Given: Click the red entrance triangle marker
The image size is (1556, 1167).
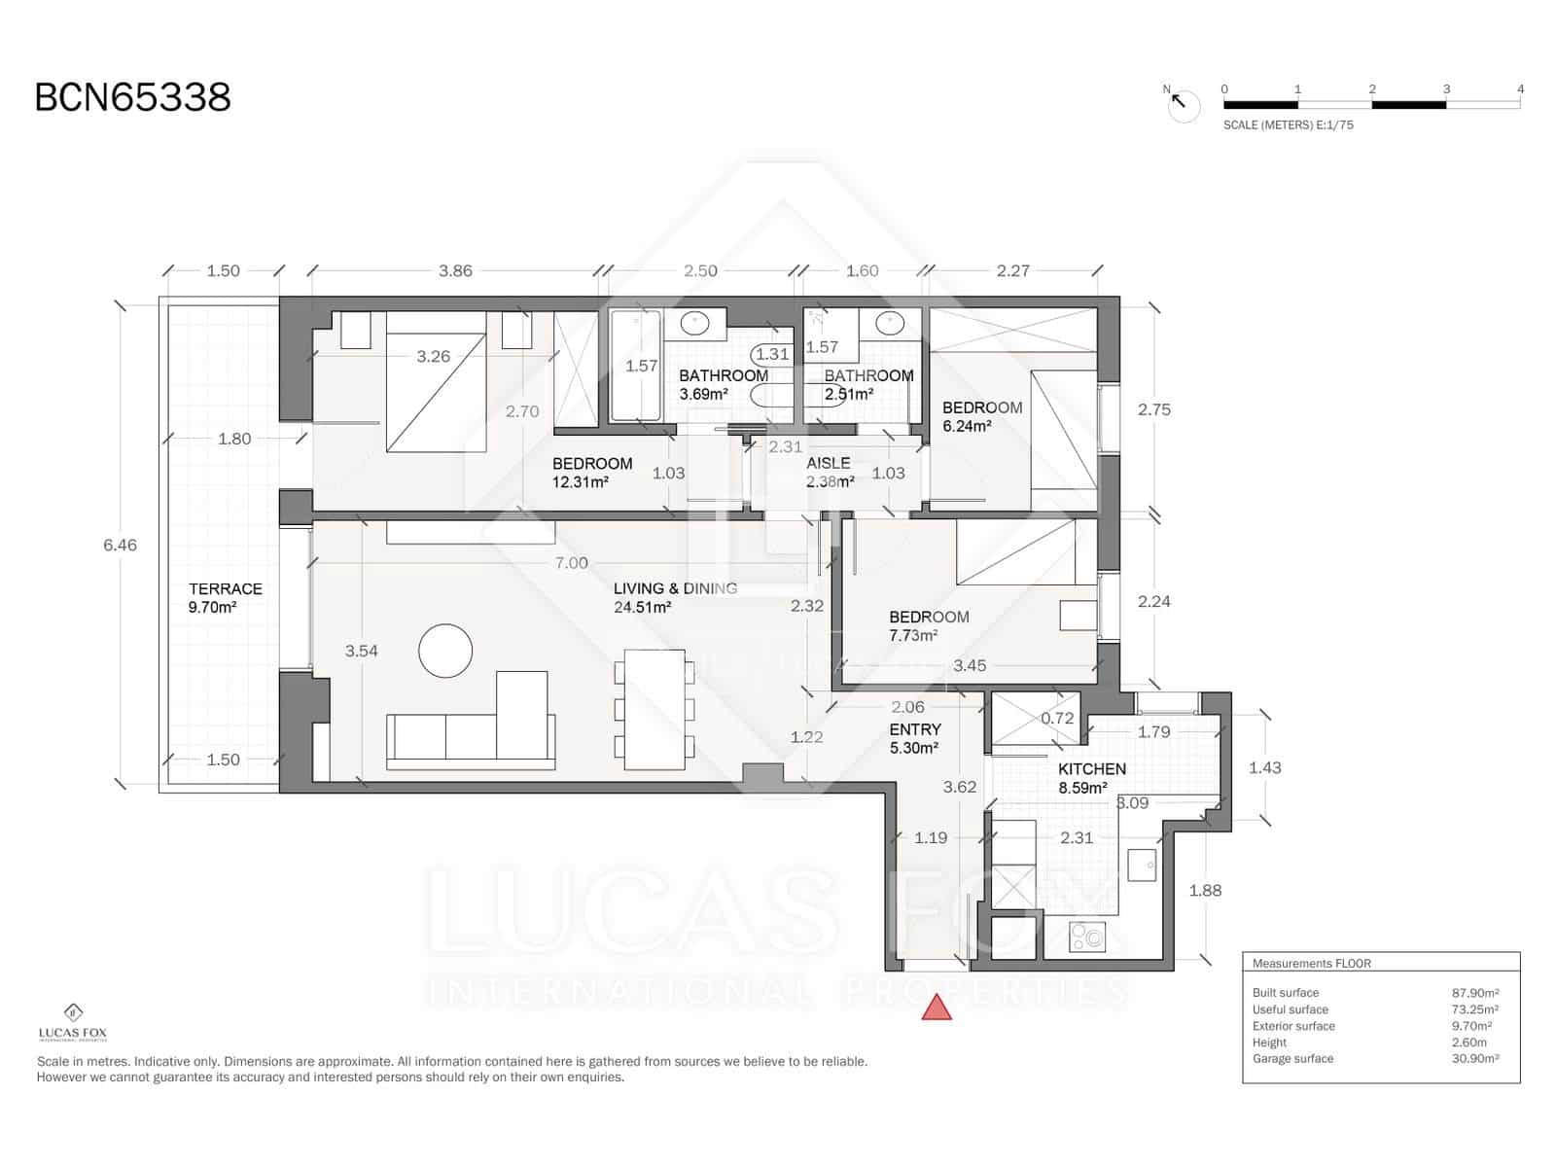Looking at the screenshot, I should point(937,1008).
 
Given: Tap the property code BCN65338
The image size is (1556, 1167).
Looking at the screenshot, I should point(133,98).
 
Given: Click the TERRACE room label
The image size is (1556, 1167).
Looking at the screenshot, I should point(226,588).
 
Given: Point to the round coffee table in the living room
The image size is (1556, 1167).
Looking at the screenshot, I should point(445,650).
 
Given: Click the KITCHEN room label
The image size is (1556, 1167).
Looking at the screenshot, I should point(1092,768).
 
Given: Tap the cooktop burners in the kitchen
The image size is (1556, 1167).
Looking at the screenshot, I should point(1087,937).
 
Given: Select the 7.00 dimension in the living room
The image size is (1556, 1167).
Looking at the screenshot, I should point(571,563).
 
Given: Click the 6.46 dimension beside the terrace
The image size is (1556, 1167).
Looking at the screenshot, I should point(121,545).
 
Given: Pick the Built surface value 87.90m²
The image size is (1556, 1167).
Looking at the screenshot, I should point(1474,993).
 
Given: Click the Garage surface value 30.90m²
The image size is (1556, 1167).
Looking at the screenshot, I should point(1474,1058).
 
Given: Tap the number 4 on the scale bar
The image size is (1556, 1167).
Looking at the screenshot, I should point(1520,89).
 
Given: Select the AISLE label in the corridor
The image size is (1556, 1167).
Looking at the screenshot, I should point(828,463).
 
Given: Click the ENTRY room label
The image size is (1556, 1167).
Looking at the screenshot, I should point(915,729).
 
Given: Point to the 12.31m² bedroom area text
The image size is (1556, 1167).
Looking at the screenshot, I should point(581,481).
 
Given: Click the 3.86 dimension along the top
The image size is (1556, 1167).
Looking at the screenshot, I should point(455,271).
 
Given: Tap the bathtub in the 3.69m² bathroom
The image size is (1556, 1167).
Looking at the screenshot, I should point(636,366).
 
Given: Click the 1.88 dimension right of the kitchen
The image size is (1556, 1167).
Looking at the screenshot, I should point(1205,890).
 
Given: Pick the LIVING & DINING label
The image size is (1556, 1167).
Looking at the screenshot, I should point(675,588).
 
